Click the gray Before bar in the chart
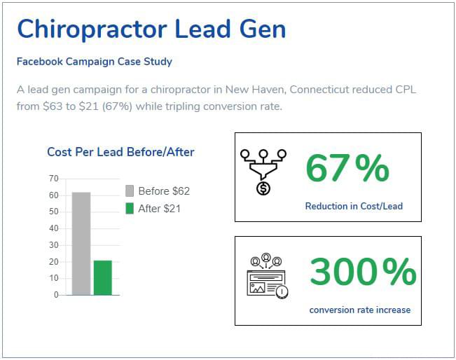pos(81,243)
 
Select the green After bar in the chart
pos(103,277)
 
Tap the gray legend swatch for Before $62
pos(129,191)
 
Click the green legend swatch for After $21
pos(129,208)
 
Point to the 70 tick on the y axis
pos(54,179)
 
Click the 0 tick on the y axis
pos(56,295)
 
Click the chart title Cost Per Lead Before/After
pos(120,152)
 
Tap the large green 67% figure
pos(347,169)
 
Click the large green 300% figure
pos(363,272)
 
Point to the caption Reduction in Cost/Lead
pos(354,207)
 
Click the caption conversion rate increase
pos(360,310)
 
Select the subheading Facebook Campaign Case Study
pos(95,62)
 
